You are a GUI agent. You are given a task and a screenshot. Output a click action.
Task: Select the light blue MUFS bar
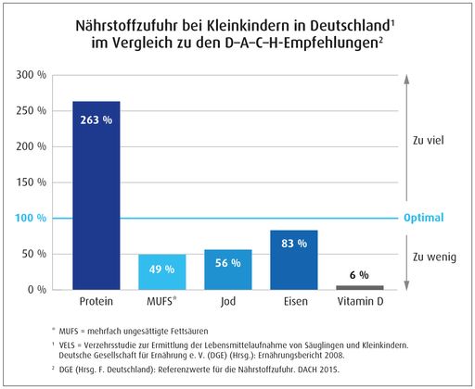click(160, 272)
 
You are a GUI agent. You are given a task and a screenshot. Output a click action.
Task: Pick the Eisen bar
click(293, 260)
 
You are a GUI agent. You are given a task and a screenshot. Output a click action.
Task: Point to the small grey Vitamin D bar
click(359, 287)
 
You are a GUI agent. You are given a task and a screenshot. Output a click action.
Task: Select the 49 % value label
click(161, 270)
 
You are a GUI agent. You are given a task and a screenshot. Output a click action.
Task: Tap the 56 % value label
click(228, 265)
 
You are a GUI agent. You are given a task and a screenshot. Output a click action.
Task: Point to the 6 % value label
click(359, 275)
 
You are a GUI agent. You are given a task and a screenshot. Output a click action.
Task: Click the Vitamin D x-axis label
click(359, 303)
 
